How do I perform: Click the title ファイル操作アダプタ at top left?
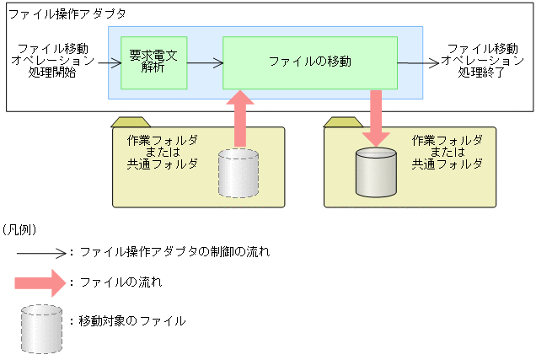67,13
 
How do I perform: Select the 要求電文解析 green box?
153,62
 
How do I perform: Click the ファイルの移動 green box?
309,62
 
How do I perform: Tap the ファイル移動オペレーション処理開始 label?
56,61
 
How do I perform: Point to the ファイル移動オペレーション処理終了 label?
482,61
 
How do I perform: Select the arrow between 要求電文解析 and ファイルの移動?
204,62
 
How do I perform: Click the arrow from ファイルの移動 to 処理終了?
419,62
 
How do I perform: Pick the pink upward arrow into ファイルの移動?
239,119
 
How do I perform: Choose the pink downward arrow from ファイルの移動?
377,116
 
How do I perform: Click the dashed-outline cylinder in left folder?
239,173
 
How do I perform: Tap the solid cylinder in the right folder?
376,171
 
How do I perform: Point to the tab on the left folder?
134,121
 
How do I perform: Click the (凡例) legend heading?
19,228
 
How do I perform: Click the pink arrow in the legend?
40,282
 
